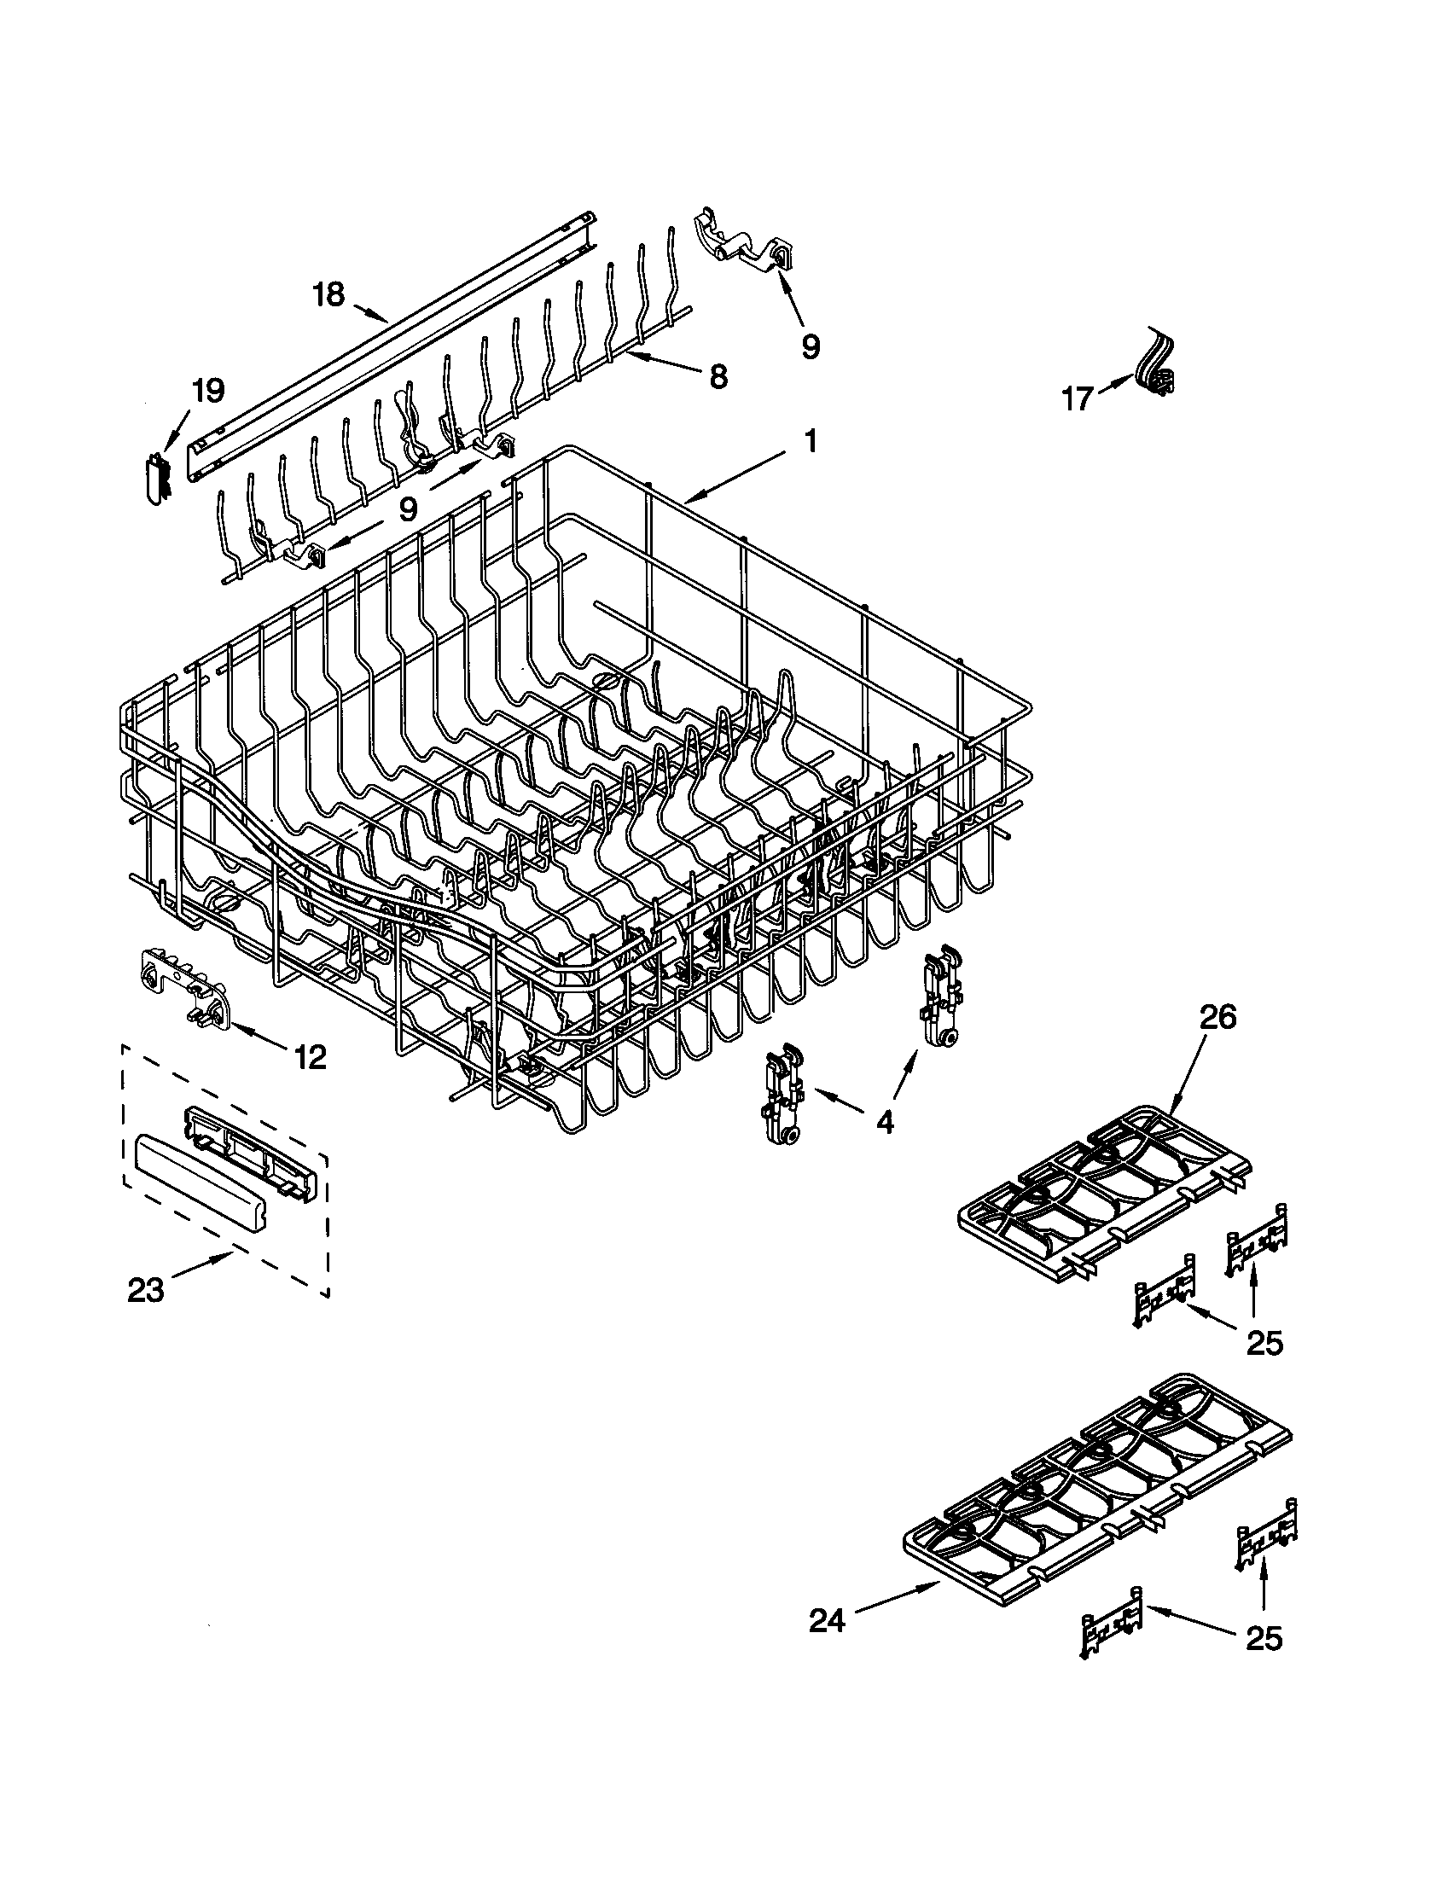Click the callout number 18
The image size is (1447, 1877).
[x=328, y=295]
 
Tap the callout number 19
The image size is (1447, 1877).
[x=207, y=392]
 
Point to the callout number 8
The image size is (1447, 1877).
[x=718, y=375]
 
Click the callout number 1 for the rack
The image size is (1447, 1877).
[x=809, y=443]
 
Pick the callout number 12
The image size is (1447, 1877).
[x=311, y=1057]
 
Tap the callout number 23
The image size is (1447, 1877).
[x=146, y=1289]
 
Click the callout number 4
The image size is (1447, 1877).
[x=885, y=1121]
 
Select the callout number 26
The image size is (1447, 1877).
[x=1217, y=1018]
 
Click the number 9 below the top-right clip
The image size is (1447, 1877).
[x=811, y=346]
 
